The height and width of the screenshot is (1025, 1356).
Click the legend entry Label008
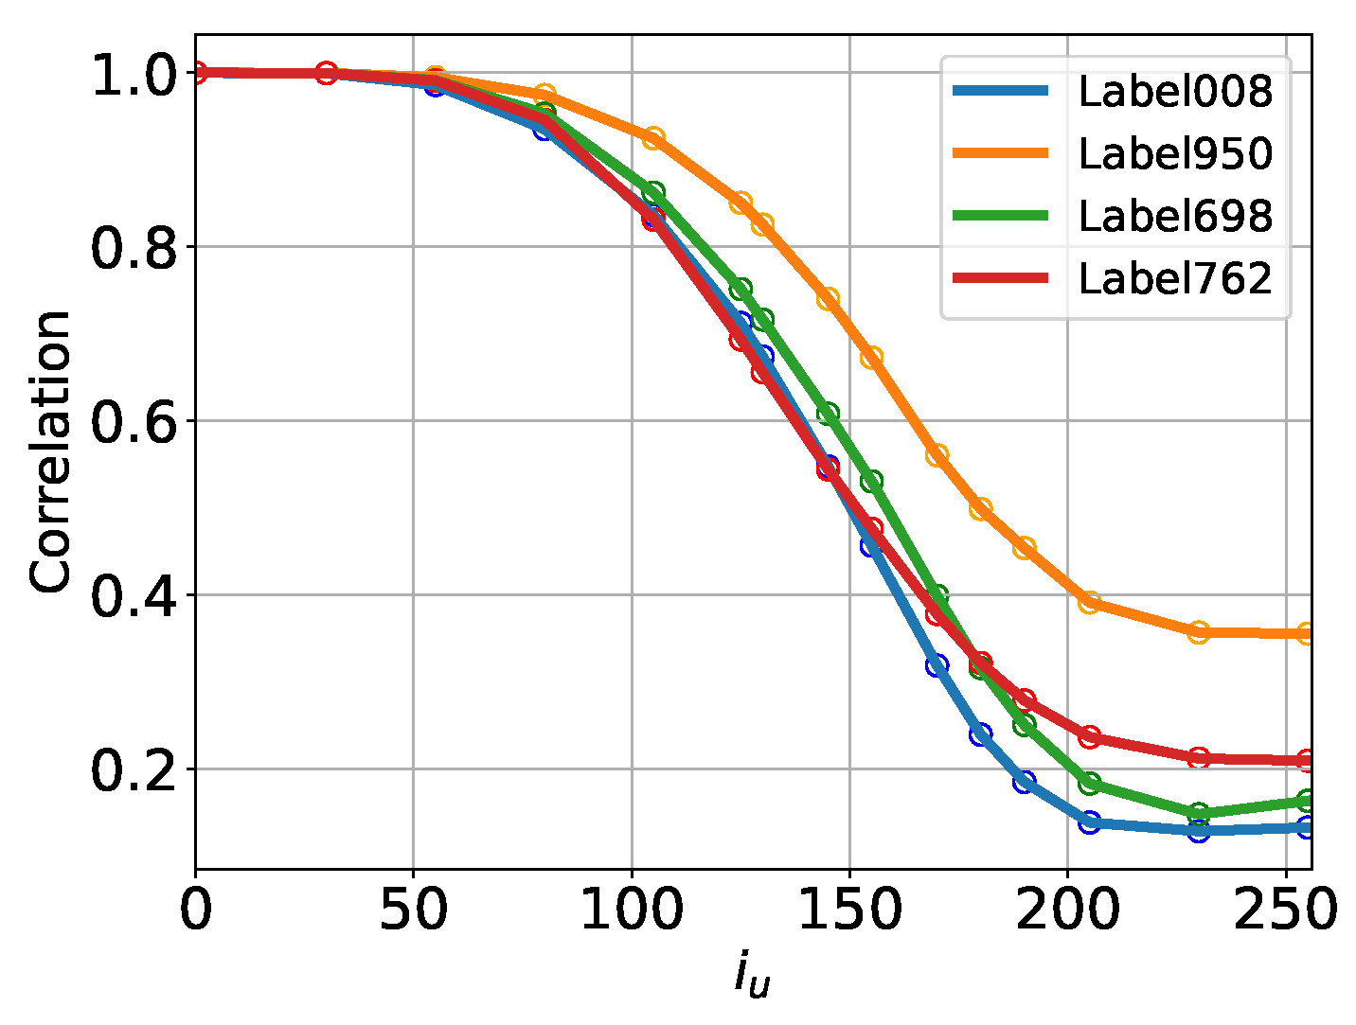coord(1175,92)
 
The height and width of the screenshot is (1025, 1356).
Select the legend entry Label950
coord(1175,153)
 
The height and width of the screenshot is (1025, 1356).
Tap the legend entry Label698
coord(1175,217)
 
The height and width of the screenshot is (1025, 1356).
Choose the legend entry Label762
coord(1175,279)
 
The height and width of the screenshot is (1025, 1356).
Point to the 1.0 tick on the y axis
coord(134,74)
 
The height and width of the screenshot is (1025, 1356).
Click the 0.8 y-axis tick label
coord(134,248)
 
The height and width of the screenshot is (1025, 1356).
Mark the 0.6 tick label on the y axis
coord(134,422)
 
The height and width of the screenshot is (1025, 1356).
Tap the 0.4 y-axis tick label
coord(134,596)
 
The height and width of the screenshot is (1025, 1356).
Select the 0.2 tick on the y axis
coord(134,770)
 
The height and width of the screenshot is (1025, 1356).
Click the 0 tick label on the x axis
coord(196,910)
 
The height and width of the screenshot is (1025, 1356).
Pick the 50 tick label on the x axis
coord(414,910)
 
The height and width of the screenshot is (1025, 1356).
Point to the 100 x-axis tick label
coord(632,910)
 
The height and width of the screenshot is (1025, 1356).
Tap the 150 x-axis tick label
coord(849,910)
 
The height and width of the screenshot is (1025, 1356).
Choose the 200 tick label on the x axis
coord(1067,910)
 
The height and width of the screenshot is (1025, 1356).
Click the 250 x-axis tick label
coord(1285,910)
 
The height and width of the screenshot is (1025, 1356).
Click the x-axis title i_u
coord(752,975)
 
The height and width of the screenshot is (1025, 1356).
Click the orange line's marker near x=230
coord(1199,632)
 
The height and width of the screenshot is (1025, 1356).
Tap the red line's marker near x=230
coord(1199,758)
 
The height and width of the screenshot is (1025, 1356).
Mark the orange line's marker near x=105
coord(653,138)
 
